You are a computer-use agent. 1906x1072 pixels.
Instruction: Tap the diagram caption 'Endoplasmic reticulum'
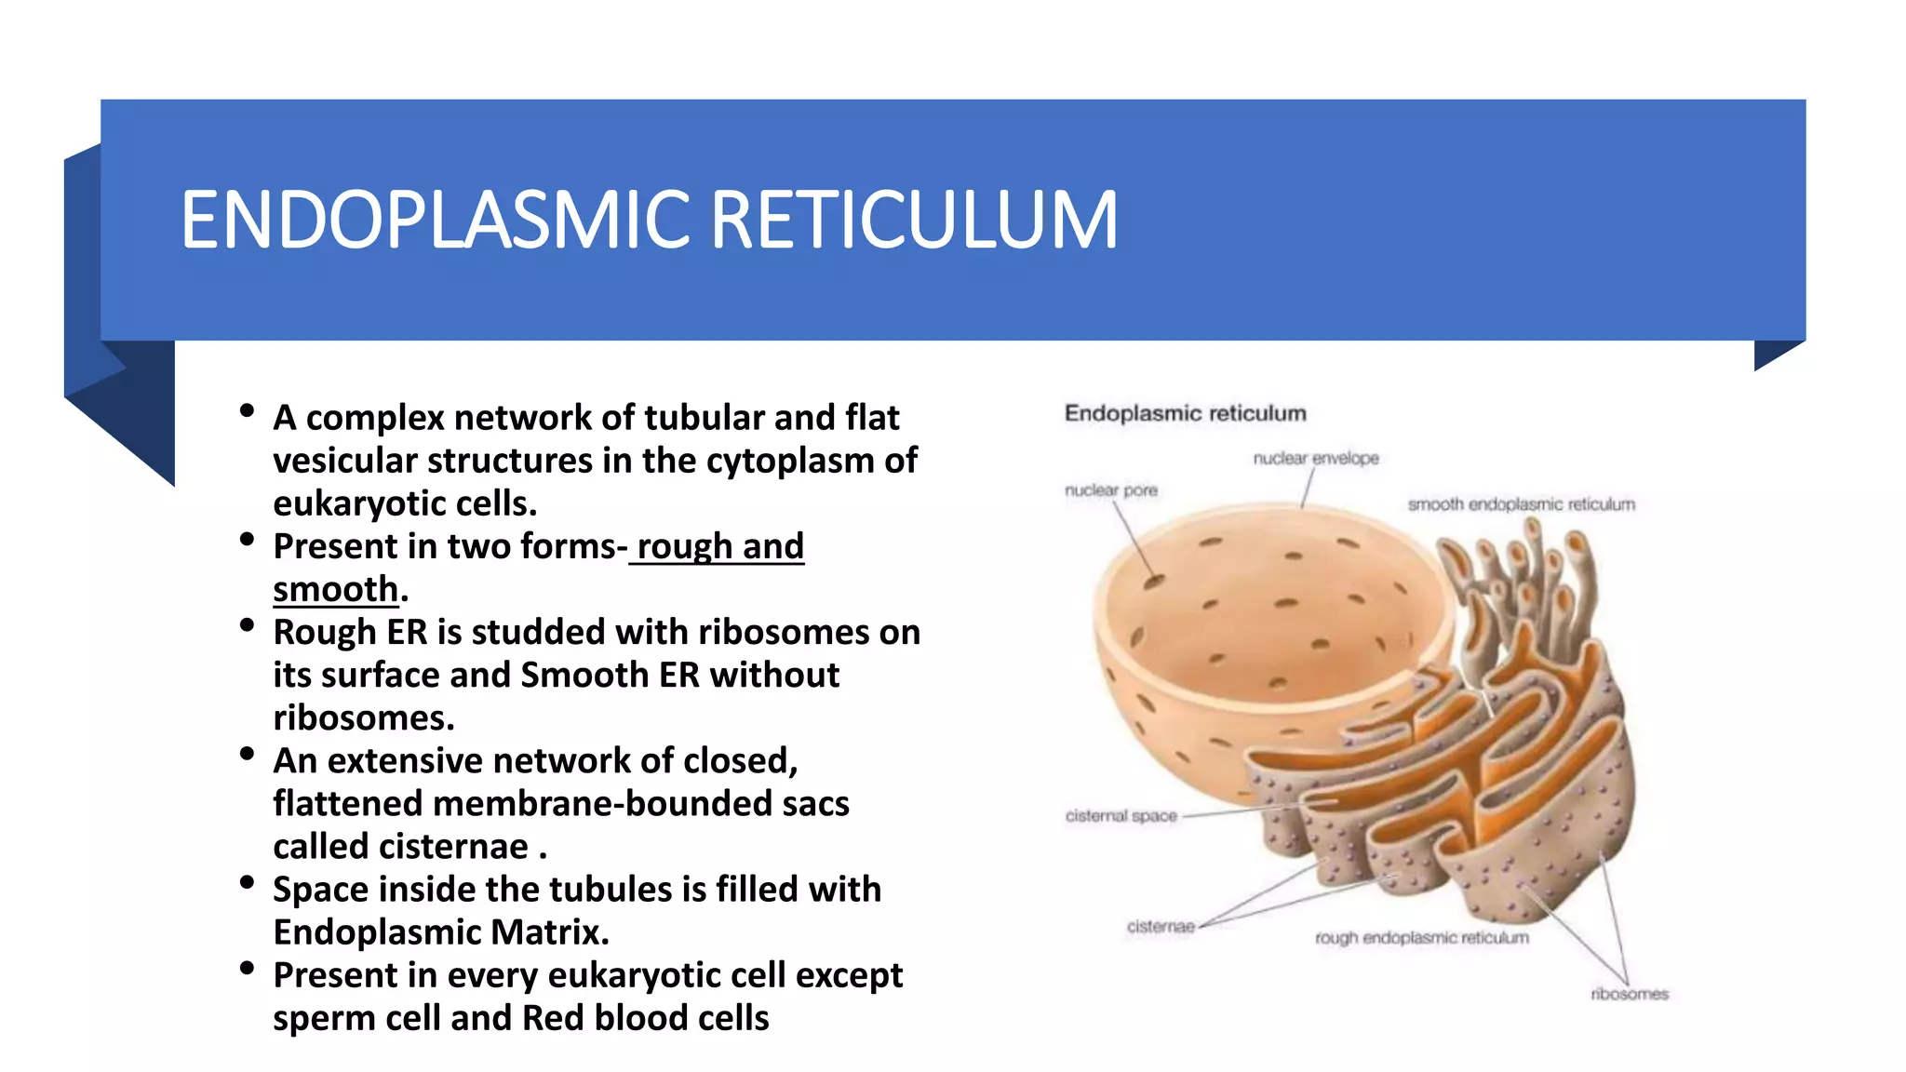coord(1185,413)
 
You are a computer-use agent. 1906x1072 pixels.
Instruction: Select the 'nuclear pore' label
coord(1110,490)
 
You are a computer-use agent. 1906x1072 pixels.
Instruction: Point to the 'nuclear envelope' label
coord(1315,458)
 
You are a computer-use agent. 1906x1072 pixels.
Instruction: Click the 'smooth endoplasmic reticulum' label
coord(1521,504)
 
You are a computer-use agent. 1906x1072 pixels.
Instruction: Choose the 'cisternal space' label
coord(1121,816)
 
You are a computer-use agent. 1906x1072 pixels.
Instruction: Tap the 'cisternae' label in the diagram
coord(1160,927)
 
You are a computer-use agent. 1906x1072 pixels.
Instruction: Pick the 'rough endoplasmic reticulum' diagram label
coord(1421,938)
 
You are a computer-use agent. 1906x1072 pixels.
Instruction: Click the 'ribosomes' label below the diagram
coord(1629,994)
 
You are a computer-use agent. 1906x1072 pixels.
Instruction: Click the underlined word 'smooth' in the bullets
coord(335,590)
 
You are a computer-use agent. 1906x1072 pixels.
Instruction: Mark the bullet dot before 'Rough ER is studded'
coord(247,625)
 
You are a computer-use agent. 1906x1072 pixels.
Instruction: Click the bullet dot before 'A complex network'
coord(247,410)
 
